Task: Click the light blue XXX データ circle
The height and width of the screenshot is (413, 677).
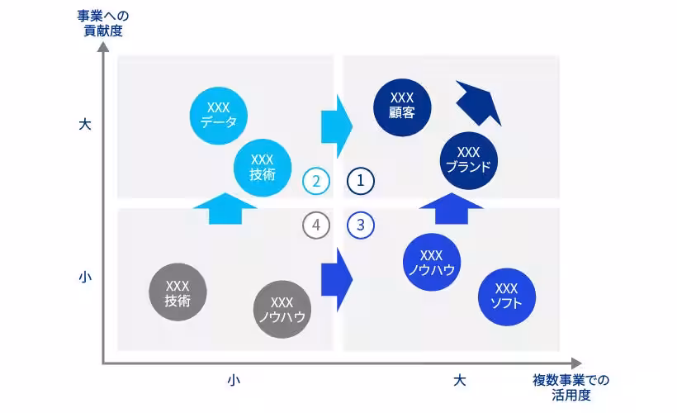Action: [x=218, y=116]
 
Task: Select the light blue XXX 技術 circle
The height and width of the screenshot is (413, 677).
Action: [x=262, y=167]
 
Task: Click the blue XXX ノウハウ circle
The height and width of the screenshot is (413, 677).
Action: [x=432, y=262]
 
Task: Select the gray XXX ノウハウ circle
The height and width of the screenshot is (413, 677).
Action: [x=282, y=310]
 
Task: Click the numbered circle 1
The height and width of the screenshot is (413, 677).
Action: [x=361, y=180]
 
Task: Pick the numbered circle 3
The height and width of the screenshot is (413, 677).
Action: [x=361, y=225]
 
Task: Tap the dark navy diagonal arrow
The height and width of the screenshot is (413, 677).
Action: [x=479, y=102]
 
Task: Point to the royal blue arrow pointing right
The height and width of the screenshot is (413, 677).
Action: [x=336, y=279]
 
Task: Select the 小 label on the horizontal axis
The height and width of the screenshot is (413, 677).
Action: [x=234, y=380]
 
